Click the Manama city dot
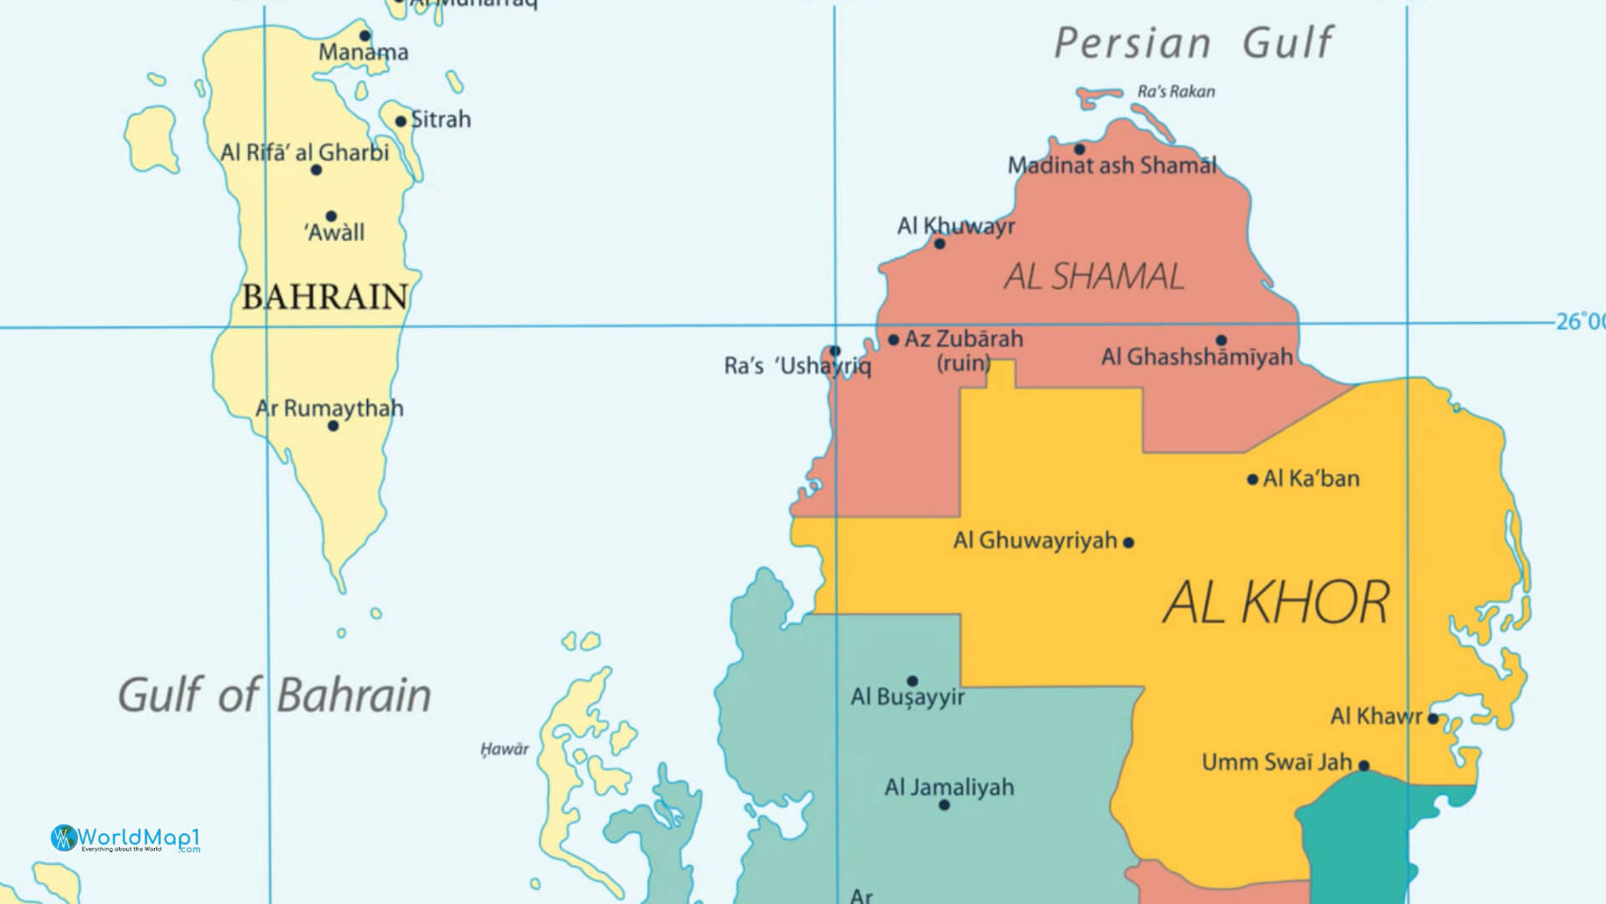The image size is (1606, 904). click(x=365, y=35)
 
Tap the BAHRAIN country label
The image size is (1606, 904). click(x=325, y=297)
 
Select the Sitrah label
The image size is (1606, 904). click(x=441, y=120)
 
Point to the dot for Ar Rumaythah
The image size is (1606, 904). click(x=333, y=426)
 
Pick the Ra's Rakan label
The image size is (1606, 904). click(x=1175, y=92)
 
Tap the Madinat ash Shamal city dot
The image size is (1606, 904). click(x=1079, y=150)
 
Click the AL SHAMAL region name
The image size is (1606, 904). click(x=1094, y=277)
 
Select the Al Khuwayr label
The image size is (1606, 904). click(x=955, y=226)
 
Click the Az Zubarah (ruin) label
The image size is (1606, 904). click(x=964, y=350)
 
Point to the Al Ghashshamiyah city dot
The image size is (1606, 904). click(x=1221, y=341)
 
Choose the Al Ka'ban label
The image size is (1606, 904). click(x=1311, y=479)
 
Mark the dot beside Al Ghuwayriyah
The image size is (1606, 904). click(x=1128, y=542)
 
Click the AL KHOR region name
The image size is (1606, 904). click(x=1276, y=603)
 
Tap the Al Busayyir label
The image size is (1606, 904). click(x=908, y=697)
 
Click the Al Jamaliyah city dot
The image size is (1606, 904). click(x=944, y=805)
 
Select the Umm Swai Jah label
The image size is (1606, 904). click(x=1276, y=763)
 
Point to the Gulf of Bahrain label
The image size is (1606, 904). click(x=274, y=696)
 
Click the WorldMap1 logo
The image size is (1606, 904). click(x=125, y=838)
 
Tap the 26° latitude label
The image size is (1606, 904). click(x=1579, y=321)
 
